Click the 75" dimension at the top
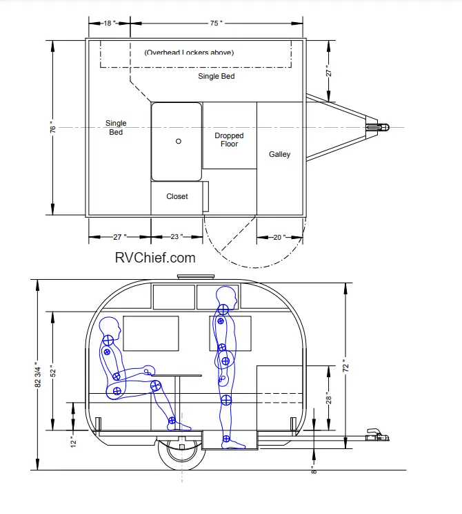point(216,23)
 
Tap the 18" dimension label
point(110,23)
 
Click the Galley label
point(279,154)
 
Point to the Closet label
point(177,196)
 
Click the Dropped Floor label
point(229,140)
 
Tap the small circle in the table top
point(179,142)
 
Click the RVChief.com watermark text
point(155,258)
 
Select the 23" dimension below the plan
point(177,237)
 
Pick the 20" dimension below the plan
point(279,237)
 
